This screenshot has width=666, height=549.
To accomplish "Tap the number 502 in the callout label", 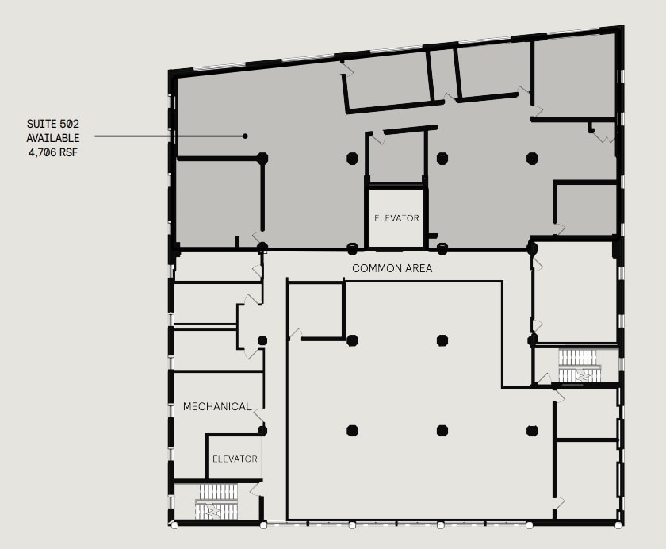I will coord(70,124).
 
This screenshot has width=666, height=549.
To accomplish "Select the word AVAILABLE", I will coord(53,137).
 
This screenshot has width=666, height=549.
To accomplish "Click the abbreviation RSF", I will coord(70,151).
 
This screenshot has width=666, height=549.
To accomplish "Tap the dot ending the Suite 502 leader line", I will coord(245,136).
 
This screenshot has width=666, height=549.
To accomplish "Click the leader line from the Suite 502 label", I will coord(166,136).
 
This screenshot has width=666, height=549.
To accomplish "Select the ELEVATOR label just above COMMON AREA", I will coord(396,218).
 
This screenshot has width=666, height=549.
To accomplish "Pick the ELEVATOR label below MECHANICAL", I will coord(235,459).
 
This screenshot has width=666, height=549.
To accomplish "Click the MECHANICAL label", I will coord(217,407).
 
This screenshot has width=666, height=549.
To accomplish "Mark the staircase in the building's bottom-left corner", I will coord(216,502).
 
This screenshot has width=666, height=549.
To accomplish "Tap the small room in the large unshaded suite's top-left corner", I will coord(315,309).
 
